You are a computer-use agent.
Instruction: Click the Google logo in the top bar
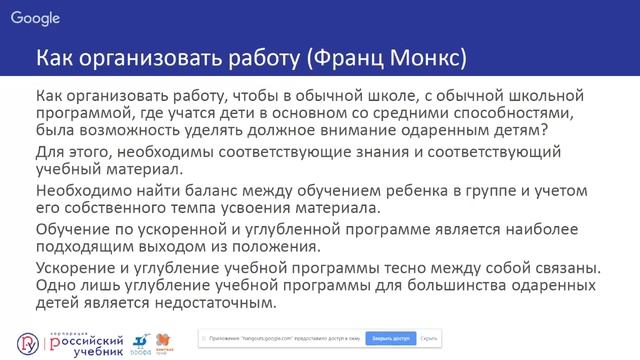(37, 18)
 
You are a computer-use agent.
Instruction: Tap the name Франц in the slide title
(357, 58)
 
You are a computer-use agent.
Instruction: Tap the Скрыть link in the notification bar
(430, 339)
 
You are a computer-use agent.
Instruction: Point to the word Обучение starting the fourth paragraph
(76, 229)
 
